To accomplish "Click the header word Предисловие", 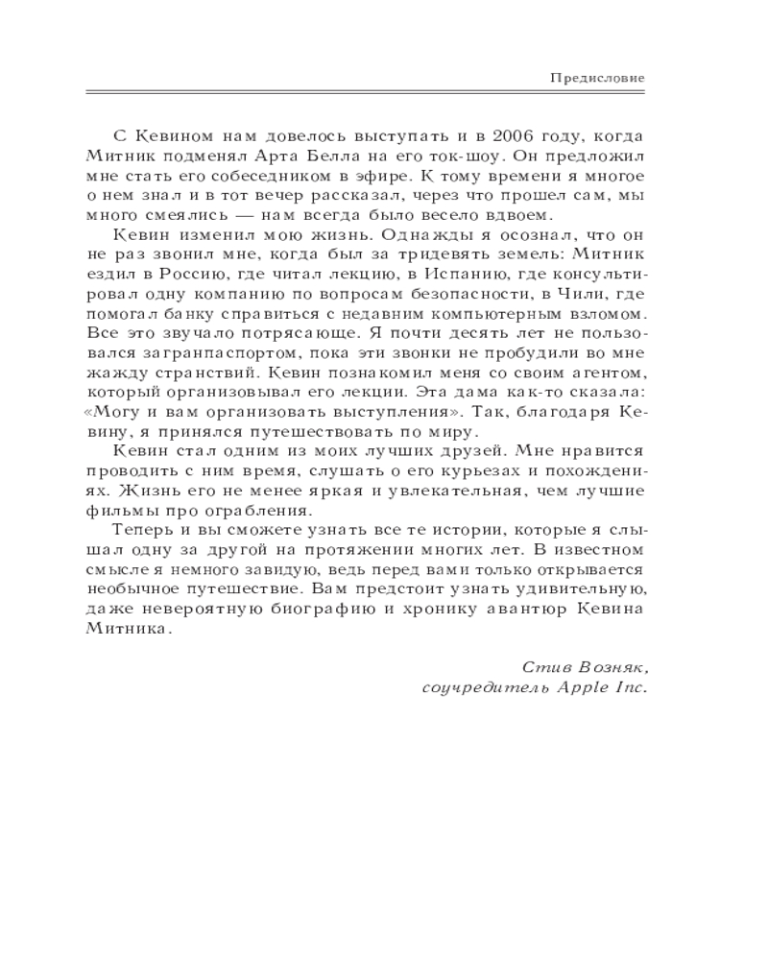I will pyautogui.click(x=597, y=77).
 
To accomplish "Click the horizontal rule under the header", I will pyautogui.click(x=365, y=93).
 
